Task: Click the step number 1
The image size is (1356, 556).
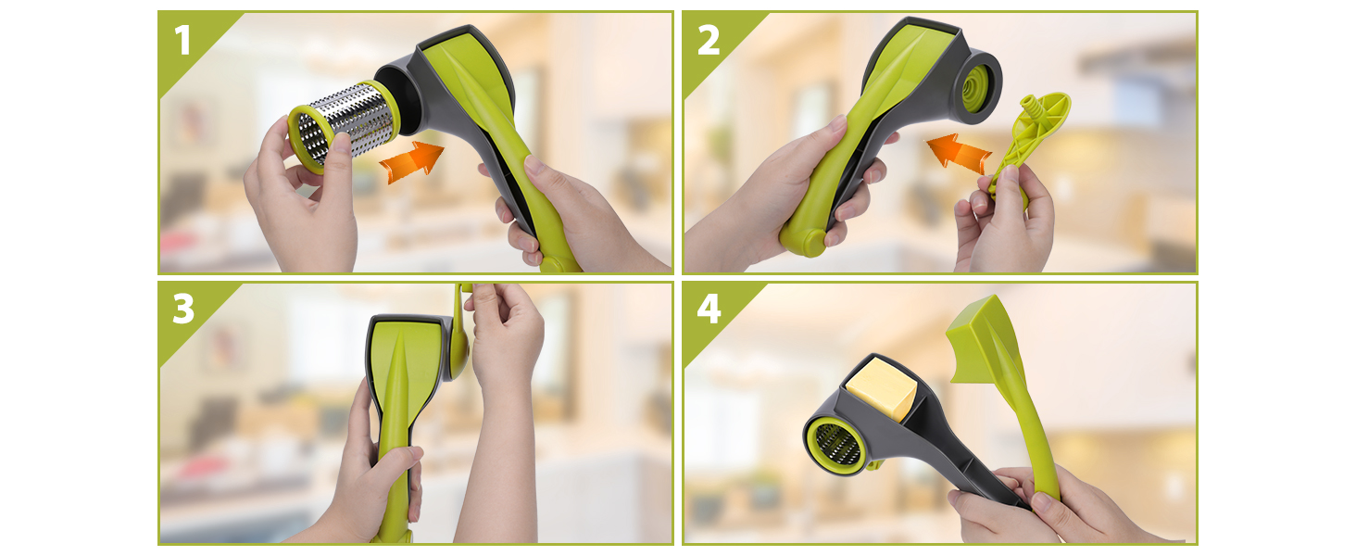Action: click(x=182, y=40)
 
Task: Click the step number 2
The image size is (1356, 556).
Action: click(x=709, y=40)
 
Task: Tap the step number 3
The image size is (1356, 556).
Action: click(x=183, y=309)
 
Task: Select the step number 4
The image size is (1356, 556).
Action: click(x=709, y=309)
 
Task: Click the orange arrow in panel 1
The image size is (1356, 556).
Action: click(x=412, y=161)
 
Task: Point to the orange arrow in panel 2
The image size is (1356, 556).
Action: click(x=959, y=151)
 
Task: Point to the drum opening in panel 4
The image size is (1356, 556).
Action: click(x=836, y=444)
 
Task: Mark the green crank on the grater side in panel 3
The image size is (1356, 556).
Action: click(x=461, y=339)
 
